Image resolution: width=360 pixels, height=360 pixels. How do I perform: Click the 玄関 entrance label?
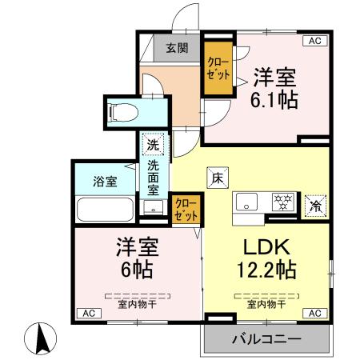click(178, 48)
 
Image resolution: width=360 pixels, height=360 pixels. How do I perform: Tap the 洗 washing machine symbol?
click(152, 146)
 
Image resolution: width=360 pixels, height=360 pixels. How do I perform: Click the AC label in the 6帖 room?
click(89, 312)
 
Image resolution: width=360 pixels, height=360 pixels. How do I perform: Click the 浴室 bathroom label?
click(105, 181)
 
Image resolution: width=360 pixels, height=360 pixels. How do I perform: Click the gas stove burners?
click(282, 202)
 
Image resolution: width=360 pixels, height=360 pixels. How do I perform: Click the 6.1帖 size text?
click(275, 100)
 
